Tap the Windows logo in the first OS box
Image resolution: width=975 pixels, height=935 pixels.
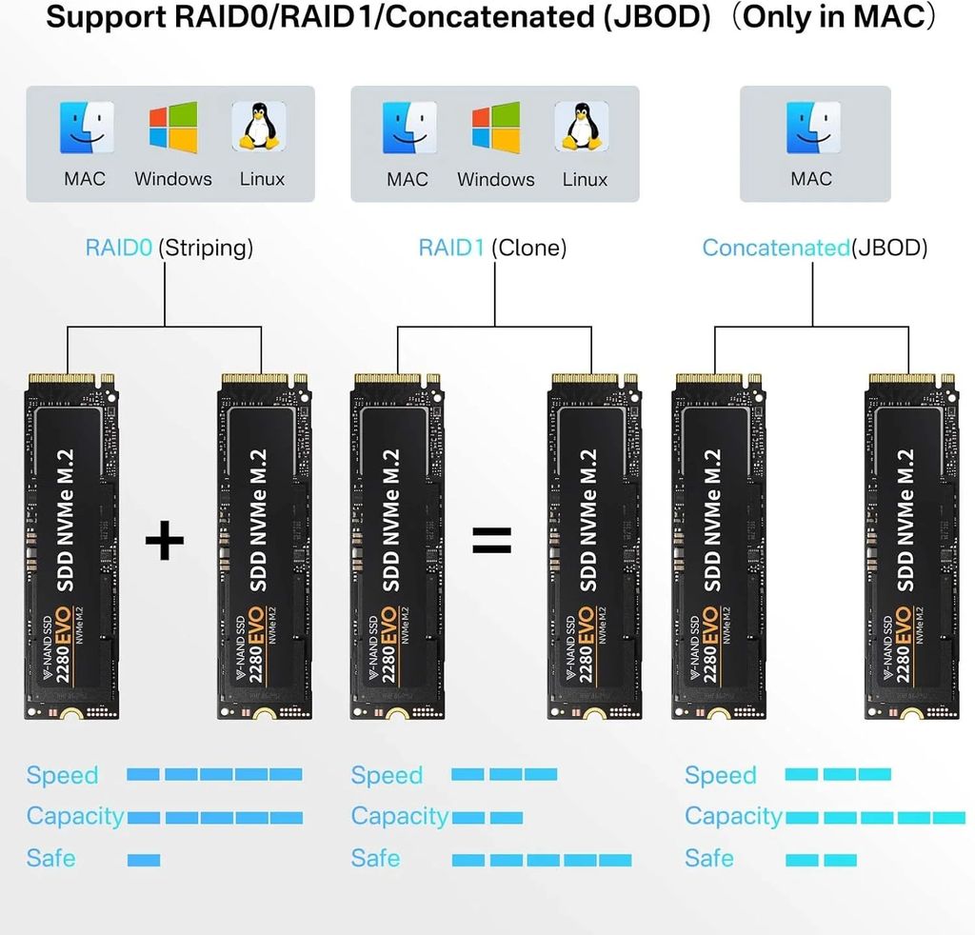click(172, 129)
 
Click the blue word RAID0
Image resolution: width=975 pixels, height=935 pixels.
click(119, 249)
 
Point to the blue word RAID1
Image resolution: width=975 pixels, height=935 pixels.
click(452, 249)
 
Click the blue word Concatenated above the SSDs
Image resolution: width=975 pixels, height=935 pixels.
click(775, 249)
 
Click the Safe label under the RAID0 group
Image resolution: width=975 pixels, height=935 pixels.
click(51, 858)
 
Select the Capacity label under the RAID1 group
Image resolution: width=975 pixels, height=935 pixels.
click(399, 816)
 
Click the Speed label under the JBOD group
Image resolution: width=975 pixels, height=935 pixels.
click(720, 775)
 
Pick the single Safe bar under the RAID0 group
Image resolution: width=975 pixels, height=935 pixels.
click(144, 860)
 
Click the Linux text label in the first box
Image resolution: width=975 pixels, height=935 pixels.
click(262, 179)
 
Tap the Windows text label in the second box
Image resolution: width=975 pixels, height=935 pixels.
click(495, 179)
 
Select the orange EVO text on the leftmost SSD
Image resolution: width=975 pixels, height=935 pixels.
click(68, 628)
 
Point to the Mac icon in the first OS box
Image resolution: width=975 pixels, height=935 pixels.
click(86, 129)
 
